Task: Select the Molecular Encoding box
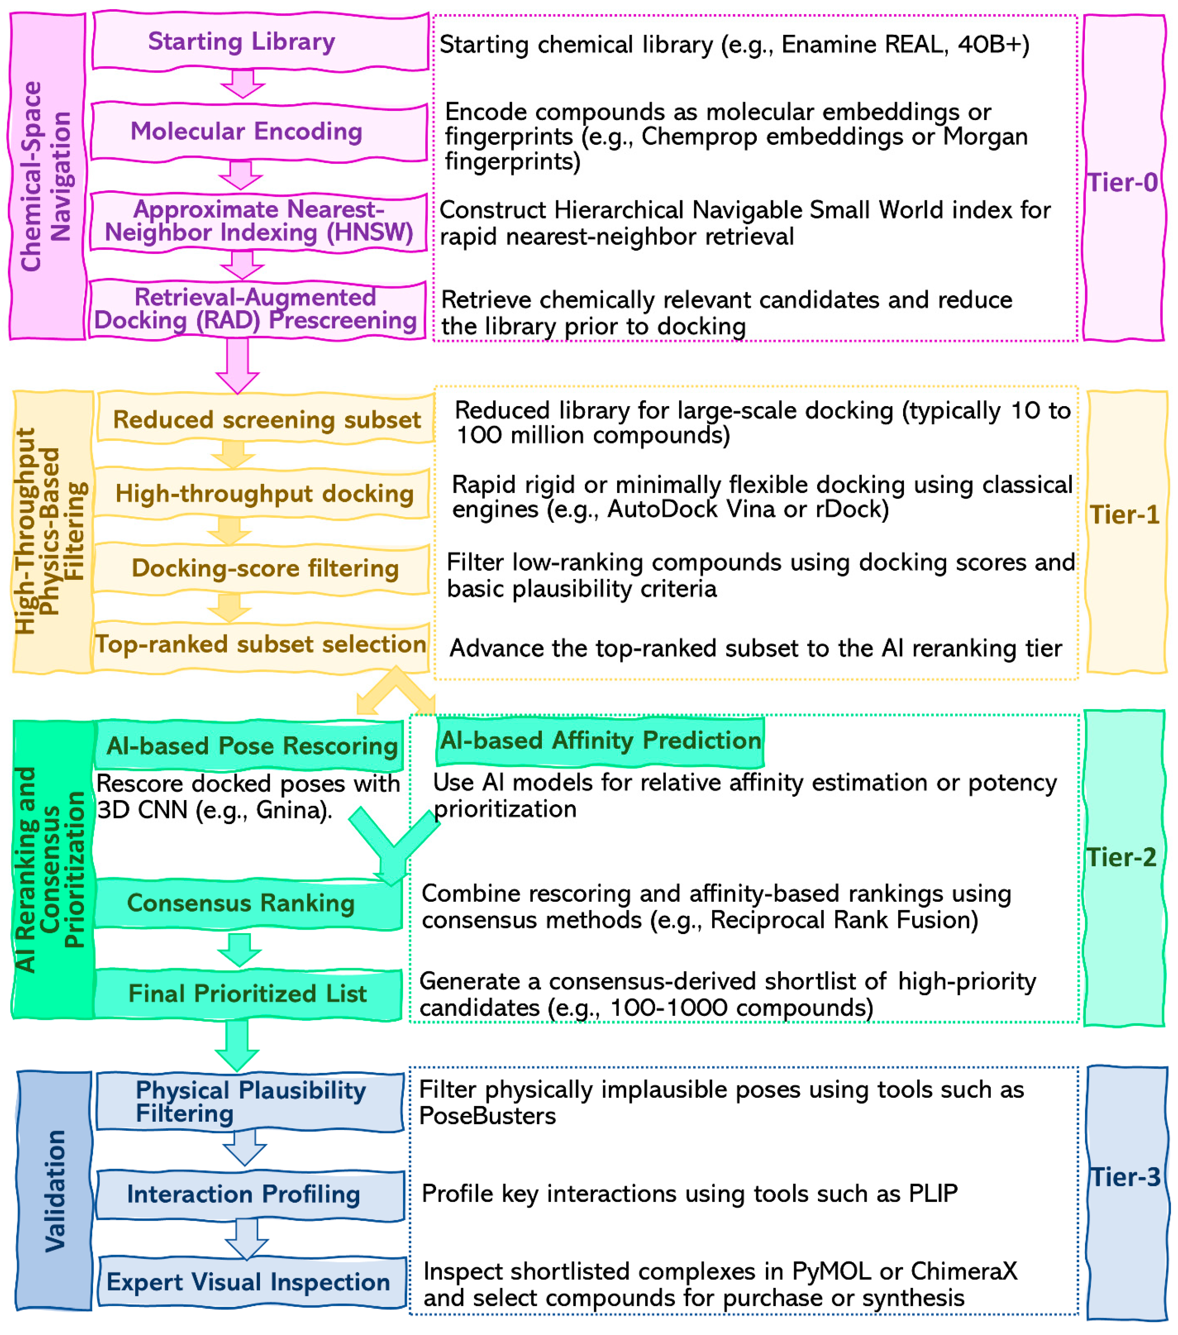[x=259, y=131]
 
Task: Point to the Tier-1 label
[x=1124, y=515]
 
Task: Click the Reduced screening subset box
[x=265, y=419]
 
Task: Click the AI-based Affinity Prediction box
[x=599, y=741]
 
